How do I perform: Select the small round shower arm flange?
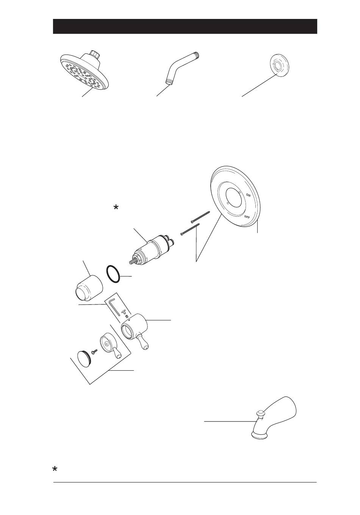279,65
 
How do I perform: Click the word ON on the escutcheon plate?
248,195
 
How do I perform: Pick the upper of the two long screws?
200,217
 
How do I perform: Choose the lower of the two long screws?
190,229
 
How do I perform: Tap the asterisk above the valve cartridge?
116,208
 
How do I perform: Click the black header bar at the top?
185,27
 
